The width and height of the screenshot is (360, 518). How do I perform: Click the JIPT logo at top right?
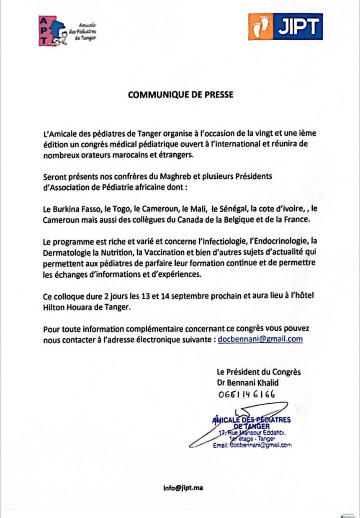(x=285, y=26)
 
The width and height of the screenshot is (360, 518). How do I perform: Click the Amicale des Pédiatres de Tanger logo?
(x=67, y=31)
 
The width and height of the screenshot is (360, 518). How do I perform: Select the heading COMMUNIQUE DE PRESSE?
(x=180, y=95)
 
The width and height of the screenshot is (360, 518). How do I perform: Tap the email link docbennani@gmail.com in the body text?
(x=260, y=339)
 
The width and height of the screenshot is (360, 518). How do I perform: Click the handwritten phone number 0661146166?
(x=247, y=394)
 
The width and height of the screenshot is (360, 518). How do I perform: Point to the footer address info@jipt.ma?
(x=183, y=488)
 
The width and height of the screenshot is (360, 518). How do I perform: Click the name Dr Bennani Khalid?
(x=247, y=383)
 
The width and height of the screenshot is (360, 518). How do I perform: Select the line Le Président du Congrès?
(x=258, y=372)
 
